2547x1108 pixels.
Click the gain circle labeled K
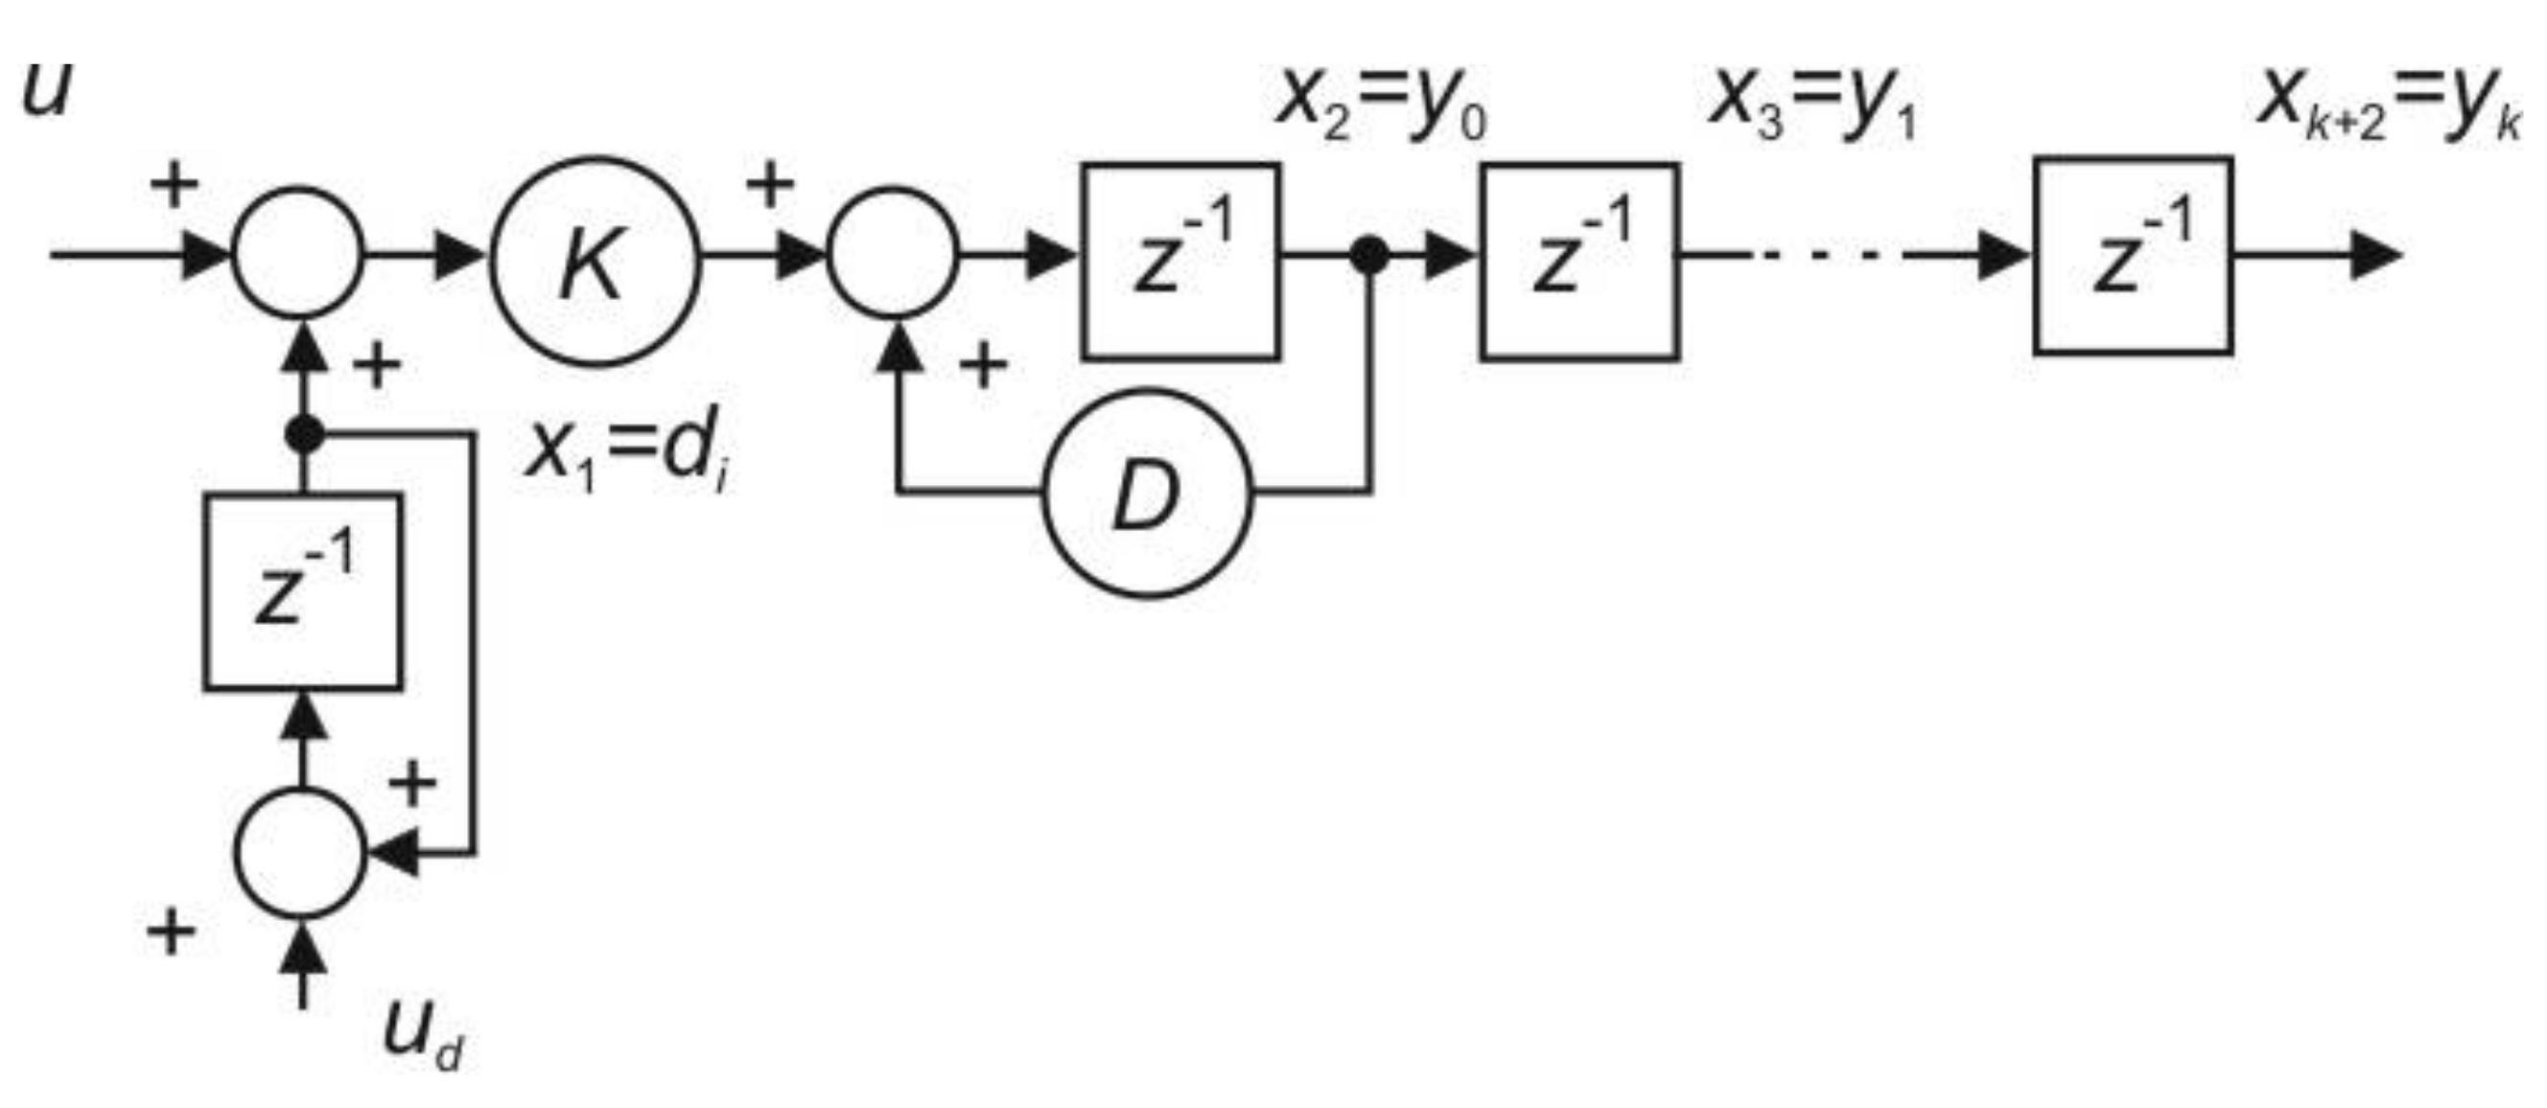[x=596, y=262]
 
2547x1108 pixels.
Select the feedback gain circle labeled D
[x=1147, y=494]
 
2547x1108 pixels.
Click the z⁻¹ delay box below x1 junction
[x=303, y=591]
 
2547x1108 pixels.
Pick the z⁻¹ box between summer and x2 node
[x=1181, y=261]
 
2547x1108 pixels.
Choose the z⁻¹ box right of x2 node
[x=1579, y=261]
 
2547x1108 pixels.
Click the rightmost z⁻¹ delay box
[x=2133, y=255]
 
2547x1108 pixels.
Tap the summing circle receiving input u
[x=298, y=253]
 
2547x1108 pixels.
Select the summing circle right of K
[x=894, y=253]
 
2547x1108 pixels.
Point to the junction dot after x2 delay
[x=1369, y=255]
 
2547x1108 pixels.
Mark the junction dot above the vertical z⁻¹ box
[x=304, y=434]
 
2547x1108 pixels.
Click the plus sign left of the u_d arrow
[x=170, y=932]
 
